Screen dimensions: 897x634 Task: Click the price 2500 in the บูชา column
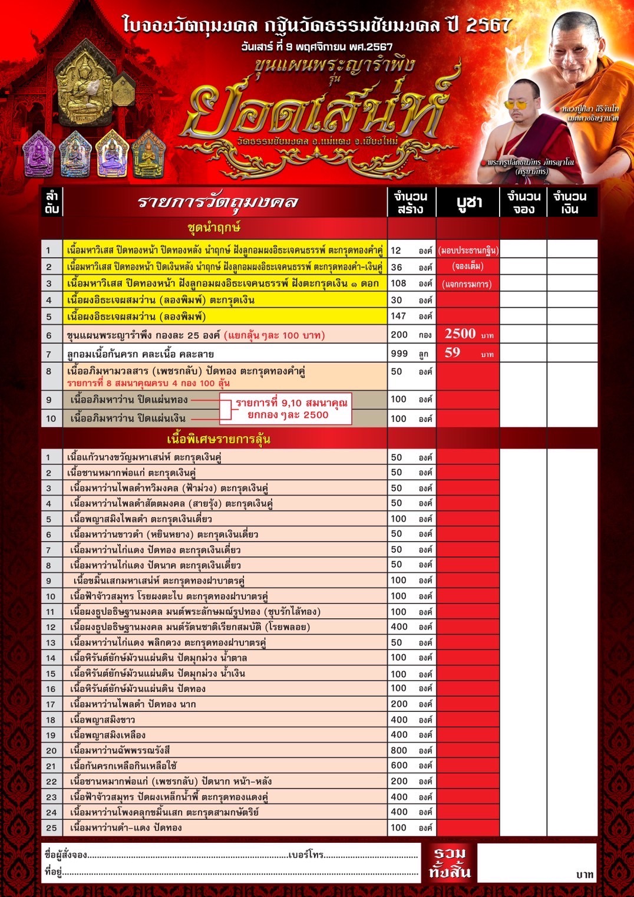[460, 334]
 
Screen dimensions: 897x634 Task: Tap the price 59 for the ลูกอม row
[453, 352]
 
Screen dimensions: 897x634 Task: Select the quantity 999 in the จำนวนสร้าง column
[399, 353]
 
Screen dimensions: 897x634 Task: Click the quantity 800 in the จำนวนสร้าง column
[399, 750]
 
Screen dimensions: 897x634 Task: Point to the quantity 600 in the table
[399, 765]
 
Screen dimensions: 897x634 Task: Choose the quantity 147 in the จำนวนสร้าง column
[399, 316]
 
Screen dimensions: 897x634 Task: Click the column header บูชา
[469, 202]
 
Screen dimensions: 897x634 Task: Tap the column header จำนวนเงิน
[569, 202]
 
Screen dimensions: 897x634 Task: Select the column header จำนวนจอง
[524, 202]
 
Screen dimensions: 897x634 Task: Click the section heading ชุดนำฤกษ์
[214, 227]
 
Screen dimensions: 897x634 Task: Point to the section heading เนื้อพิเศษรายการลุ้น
[219, 439]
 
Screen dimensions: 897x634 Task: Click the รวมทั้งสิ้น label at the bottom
[450, 863]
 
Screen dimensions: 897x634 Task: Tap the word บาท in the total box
[585, 875]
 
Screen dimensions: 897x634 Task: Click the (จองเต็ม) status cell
[468, 266]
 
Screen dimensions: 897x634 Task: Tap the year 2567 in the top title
[488, 25]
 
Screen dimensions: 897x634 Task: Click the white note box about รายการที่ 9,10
[285, 408]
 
